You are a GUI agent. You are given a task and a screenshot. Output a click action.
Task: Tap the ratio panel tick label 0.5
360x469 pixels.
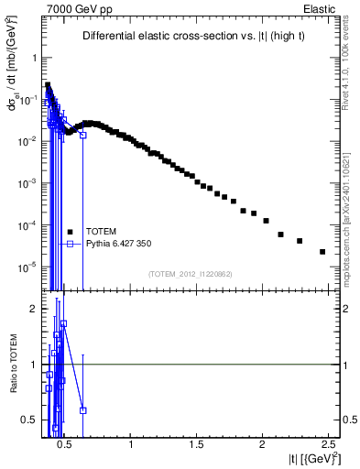[24, 420]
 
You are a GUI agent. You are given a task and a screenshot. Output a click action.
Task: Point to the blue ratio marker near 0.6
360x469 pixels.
[83, 410]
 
